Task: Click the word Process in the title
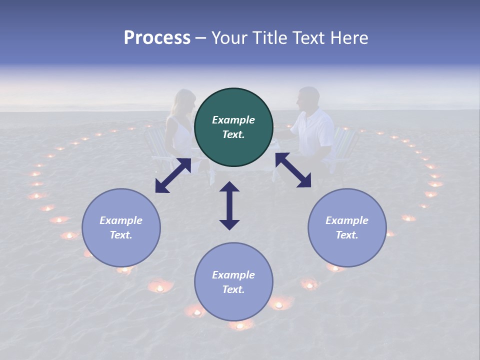click(x=157, y=38)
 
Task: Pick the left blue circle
click(x=121, y=227)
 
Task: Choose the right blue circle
click(x=347, y=227)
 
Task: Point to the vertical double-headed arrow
click(x=229, y=205)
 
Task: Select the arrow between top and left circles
click(x=173, y=175)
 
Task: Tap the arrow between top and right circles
click(x=293, y=170)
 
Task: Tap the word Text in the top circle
click(x=233, y=134)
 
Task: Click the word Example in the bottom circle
click(x=233, y=275)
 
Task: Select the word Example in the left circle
click(x=121, y=220)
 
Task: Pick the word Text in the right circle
click(x=347, y=235)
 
